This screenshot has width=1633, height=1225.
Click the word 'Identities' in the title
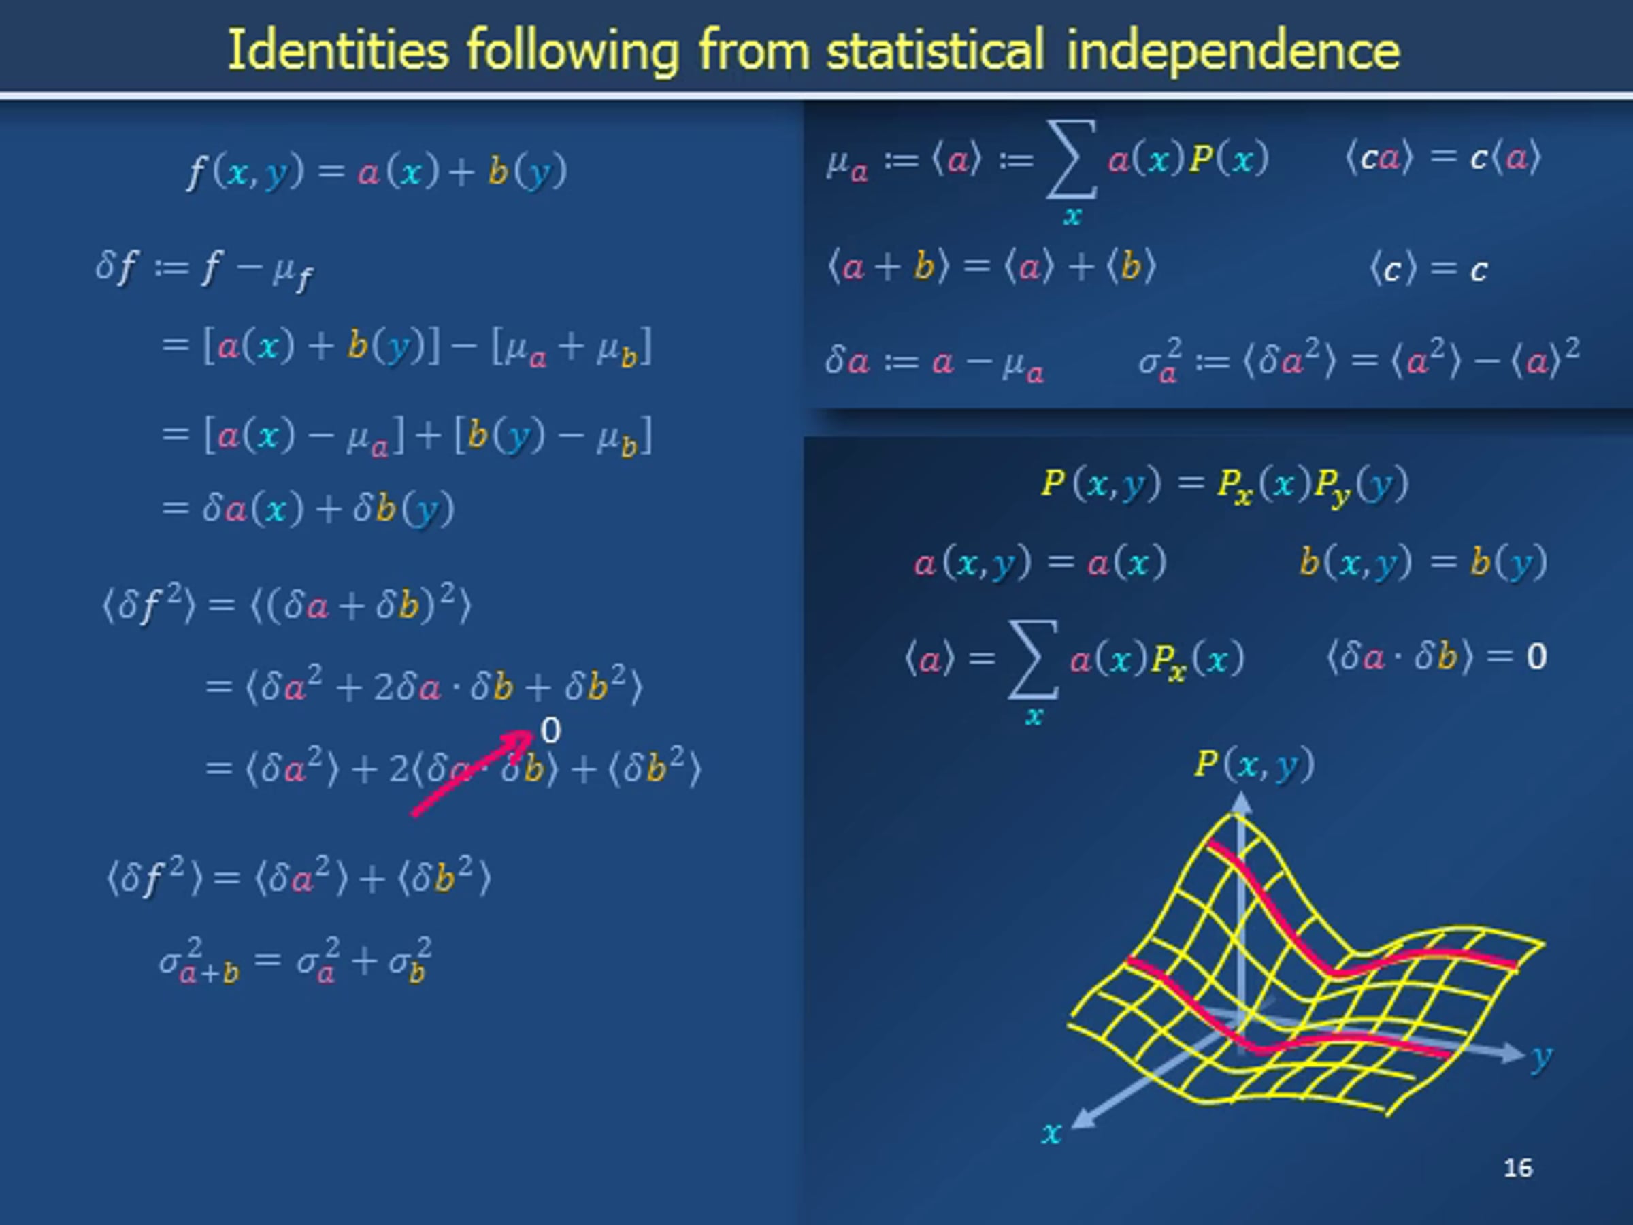pos(338,50)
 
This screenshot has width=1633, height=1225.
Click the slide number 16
pos(1518,1168)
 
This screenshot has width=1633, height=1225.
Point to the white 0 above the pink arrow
pos(550,731)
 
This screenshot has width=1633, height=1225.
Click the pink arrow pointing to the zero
pos(472,774)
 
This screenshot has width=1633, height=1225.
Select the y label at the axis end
pos(1540,1058)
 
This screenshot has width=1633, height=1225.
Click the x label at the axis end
pos(1051,1132)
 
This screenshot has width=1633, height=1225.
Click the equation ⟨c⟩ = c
pos(1428,269)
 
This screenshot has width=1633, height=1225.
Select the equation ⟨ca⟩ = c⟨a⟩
pos(1443,158)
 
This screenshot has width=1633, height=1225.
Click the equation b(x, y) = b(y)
pos(1423,563)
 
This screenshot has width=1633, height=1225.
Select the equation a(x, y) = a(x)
pos(1040,563)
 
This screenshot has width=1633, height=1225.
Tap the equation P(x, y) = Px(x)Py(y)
pos(1225,485)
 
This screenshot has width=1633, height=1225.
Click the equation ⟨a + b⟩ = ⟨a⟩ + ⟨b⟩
pos(991,267)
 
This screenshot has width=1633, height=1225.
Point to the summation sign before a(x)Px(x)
pos(1034,659)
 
